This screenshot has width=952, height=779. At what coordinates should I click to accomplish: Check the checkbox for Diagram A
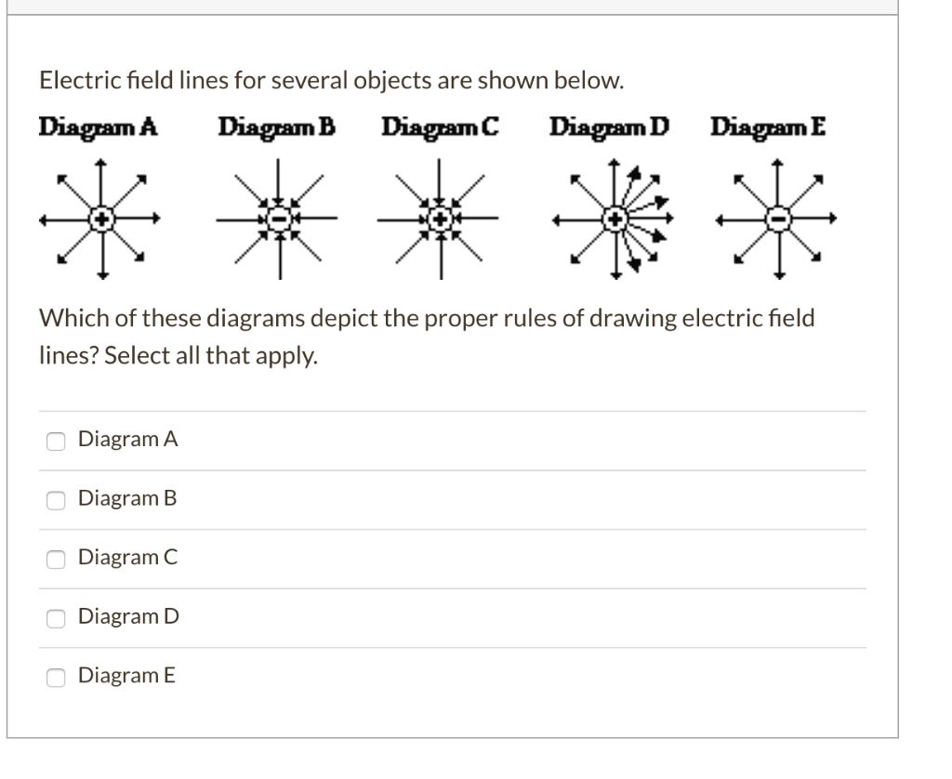coord(57,440)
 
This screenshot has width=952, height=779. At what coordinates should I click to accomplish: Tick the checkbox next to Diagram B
coord(57,499)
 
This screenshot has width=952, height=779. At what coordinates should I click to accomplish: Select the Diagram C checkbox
coord(57,559)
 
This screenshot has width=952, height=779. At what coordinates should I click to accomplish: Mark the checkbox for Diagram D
coord(57,617)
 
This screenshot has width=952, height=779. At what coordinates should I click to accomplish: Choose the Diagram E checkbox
coord(57,677)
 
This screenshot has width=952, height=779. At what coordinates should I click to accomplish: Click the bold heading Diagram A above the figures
coord(97,126)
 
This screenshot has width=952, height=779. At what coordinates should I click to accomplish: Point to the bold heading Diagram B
coord(276,126)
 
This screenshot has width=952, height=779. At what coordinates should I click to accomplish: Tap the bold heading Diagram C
coord(441,126)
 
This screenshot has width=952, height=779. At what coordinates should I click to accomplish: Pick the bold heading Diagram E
coord(767,126)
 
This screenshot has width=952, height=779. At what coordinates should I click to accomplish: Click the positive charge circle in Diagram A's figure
coord(101,219)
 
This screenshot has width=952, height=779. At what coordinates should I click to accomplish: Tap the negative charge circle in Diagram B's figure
coord(275,219)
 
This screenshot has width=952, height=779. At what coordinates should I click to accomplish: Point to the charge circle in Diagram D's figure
coord(615,219)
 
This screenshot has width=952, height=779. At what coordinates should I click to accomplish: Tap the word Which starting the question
coord(69,319)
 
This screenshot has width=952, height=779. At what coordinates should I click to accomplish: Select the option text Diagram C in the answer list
coord(127,558)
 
